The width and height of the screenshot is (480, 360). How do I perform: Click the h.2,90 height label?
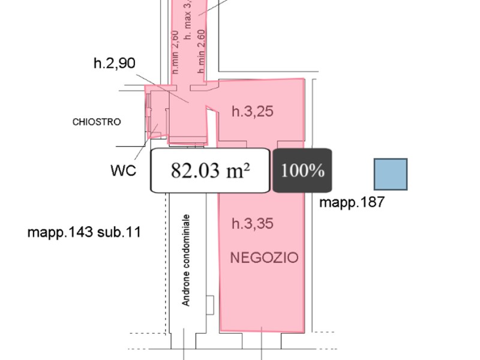(114, 63)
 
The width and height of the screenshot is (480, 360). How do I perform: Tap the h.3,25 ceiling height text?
(252, 111)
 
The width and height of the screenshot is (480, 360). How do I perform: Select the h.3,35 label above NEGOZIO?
(252, 224)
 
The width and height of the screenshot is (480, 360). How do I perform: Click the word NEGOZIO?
(264, 258)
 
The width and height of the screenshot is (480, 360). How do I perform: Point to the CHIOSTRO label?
(96, 122)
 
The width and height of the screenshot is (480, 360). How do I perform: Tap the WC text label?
(123, 170)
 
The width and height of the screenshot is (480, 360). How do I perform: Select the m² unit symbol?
(238, 170)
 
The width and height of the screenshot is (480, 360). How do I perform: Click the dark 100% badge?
(302, 170)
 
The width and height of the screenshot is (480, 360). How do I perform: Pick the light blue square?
(391, 175)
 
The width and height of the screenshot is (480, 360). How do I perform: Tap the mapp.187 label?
(352, 202)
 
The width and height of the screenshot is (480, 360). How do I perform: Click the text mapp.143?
(60, 232)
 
